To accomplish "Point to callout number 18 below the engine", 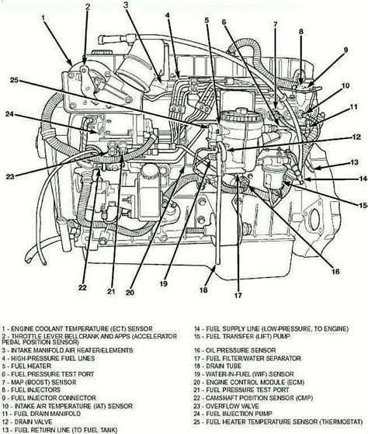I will point(203,291).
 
